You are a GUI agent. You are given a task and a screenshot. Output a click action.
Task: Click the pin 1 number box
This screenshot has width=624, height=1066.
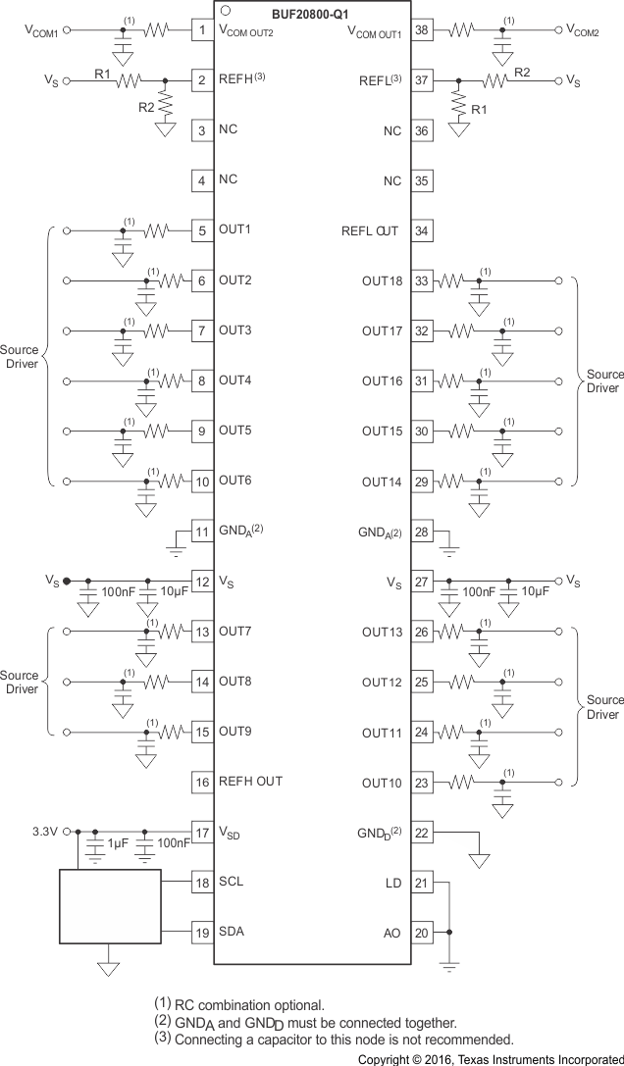click(x=202, y=29)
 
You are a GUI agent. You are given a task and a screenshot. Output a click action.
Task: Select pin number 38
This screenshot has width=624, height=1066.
click(x=422, y=29)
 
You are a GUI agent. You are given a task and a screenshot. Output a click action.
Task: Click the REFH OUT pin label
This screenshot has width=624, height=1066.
click(x=250, y=781)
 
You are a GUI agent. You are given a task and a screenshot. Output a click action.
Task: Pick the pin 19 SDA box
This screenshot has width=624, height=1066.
click(x=202, y=933)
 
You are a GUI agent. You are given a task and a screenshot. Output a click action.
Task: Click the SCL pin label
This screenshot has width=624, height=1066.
click(x=232, y=882)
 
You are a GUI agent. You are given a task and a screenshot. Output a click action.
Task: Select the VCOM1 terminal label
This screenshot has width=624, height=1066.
click(x=41, y=29)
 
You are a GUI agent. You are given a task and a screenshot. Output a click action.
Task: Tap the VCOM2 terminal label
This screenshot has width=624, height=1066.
click(x=586, y=29)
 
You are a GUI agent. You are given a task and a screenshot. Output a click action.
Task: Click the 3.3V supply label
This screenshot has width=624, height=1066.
click(x=46, y=831)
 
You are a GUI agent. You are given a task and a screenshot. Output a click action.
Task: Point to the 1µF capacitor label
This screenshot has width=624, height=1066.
click(x=118, y=843)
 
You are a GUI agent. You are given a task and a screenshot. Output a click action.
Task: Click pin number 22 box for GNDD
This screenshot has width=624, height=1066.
click(x=422, y=832)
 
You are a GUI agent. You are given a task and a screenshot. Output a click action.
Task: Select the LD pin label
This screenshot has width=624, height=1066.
click(x=393, y=883)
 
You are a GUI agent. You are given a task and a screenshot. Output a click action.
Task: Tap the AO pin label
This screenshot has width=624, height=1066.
click(x=392, y=933)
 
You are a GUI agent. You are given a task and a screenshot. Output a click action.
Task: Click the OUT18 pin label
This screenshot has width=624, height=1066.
click(x=382, y=281)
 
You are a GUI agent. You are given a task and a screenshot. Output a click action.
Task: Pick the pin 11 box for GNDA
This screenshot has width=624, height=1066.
click(x=202, y=532)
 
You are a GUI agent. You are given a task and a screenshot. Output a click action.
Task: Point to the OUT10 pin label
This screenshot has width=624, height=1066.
click(x=382, y=783)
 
